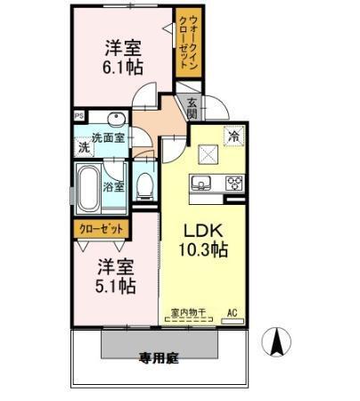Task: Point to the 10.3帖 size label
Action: (204, 250)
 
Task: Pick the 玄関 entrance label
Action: (193, 107)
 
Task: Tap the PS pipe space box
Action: (78, 115)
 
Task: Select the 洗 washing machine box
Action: (84, 147)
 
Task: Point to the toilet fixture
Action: (145, 184)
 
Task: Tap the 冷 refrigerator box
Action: (234, 136)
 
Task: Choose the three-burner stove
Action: (234, 184)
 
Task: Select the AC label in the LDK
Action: (233, 313)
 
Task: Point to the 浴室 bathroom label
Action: (113, 187)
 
